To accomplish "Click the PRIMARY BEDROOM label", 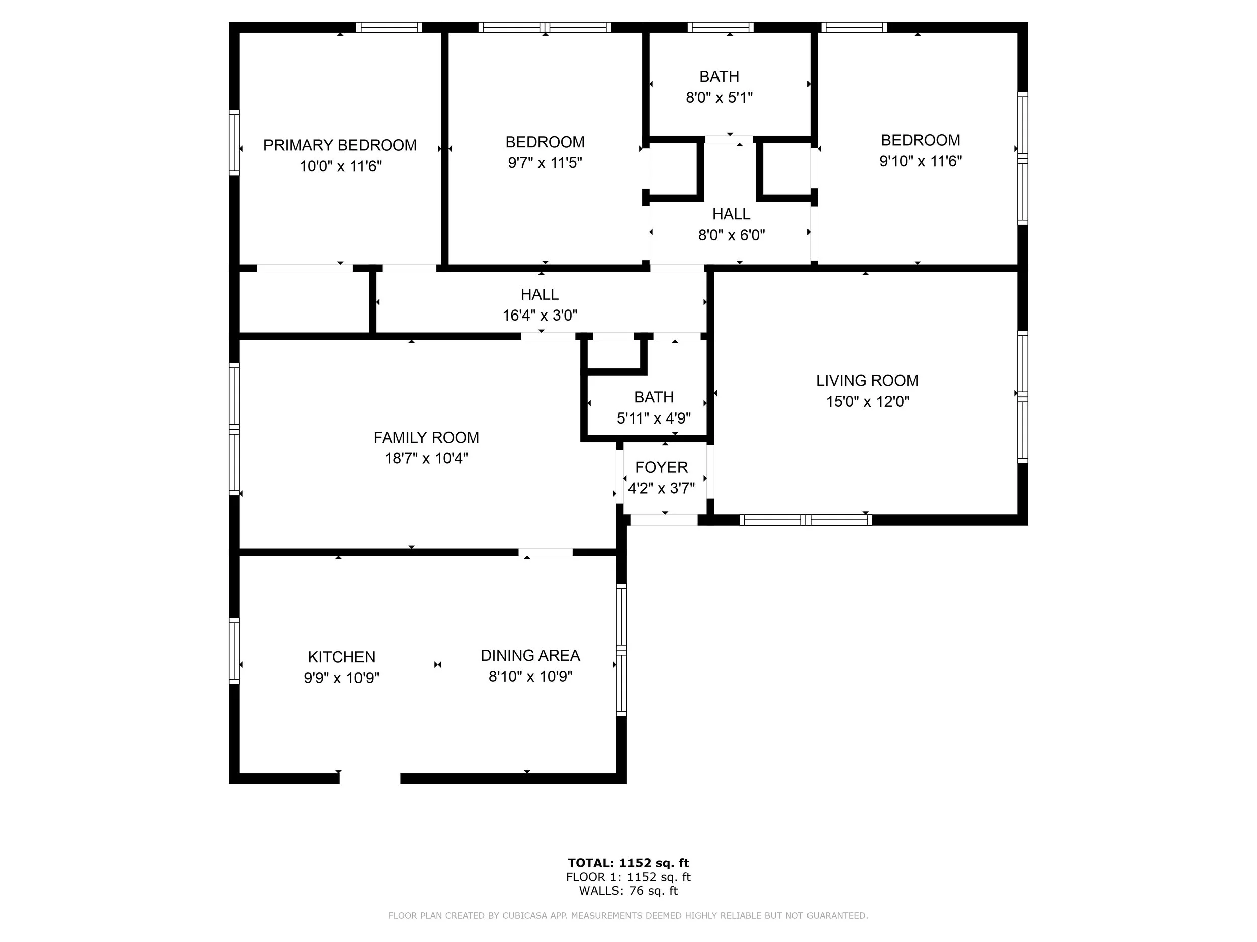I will [340, 145].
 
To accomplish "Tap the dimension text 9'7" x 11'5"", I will [545, 163].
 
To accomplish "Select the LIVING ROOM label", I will [867, 380].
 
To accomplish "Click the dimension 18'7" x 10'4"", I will [426, 458].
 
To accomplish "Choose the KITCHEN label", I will [341, 657].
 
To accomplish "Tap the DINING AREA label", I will [529, 655].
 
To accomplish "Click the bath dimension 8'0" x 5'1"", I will [719, 97].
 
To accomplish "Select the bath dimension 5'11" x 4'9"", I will [654, 418].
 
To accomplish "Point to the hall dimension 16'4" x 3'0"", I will [540, 315].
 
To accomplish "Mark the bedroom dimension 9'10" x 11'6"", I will [920, 161].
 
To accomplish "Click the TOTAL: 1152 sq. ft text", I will [628, 863].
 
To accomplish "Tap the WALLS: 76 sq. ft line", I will [628, 891].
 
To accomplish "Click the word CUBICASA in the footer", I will [533, 915].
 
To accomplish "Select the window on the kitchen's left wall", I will [234, 651].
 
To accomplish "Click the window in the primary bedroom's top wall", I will [389, 27].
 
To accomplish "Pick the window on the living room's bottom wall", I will [805, 519].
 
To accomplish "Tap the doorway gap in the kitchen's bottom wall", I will [370, 779].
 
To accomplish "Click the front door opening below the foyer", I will [663, 519].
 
